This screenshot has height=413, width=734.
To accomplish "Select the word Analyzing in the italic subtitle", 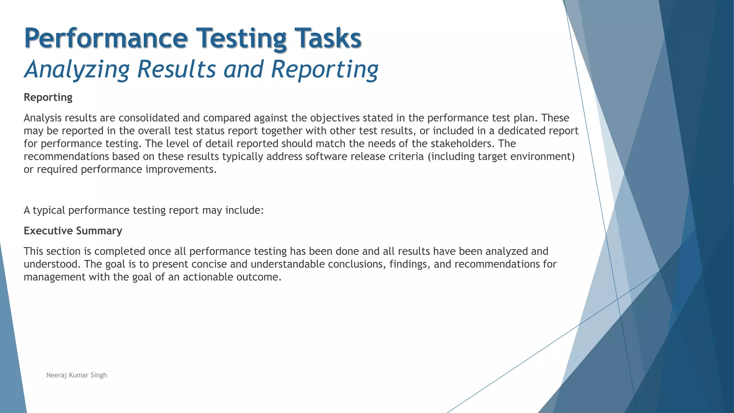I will click(77, 69).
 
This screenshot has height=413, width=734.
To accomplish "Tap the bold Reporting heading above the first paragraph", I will click(48, 98).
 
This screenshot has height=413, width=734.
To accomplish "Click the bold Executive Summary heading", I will click(73, 231).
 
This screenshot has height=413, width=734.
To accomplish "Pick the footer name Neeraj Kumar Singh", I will click(76, 375).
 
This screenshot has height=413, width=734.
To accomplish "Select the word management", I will click(54, 277).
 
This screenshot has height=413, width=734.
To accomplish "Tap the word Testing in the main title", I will click(241, 38).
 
